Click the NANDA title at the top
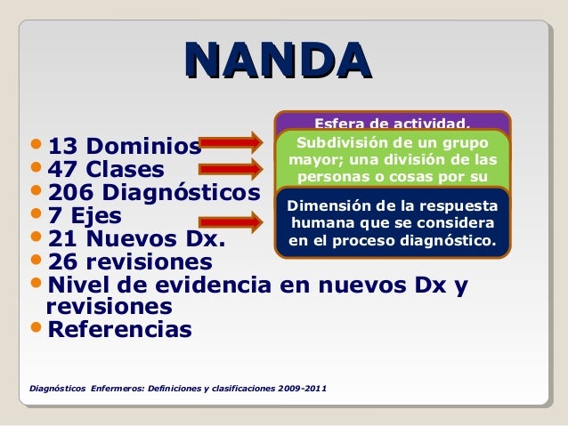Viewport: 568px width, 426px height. click(277, 59)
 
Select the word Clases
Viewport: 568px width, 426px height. click(124, 169)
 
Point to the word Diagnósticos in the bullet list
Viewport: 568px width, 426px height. click(182, 193)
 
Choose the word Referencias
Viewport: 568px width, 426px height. click(118, 330)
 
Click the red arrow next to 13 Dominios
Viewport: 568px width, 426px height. click(233, 142)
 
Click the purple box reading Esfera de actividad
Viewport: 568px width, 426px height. click(392, 121)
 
